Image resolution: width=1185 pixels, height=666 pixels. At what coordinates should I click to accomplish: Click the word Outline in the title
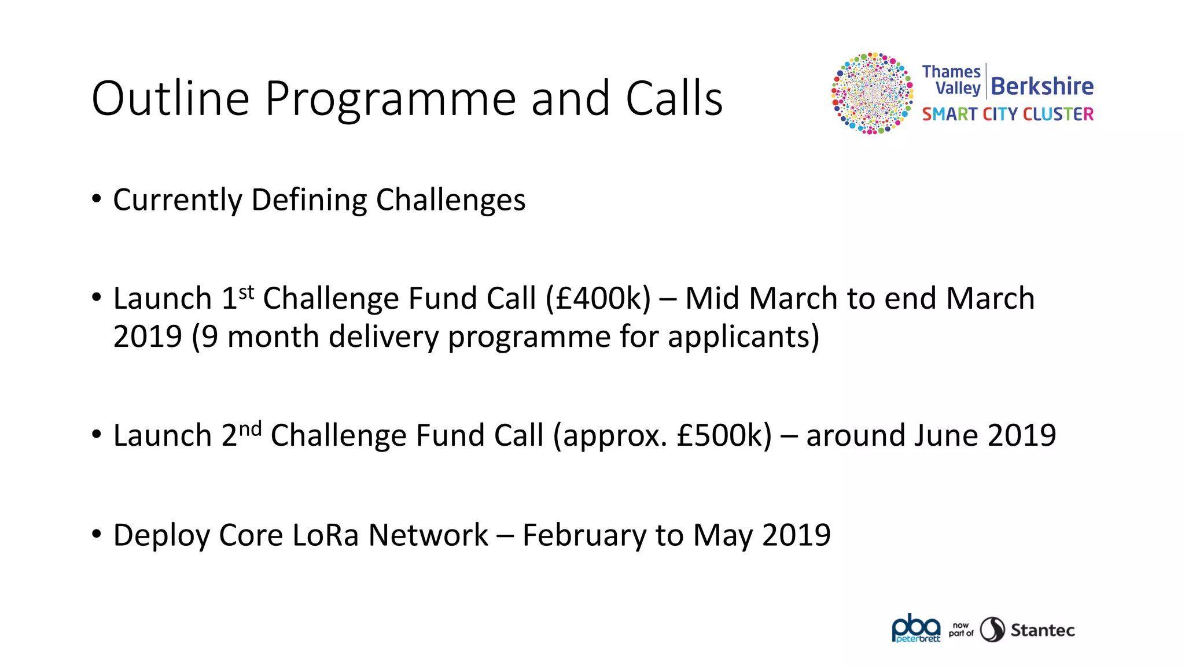pyautogui.click(x=170, y=98)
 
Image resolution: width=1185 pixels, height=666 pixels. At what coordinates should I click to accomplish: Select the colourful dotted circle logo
pyautogui.click(x=872, y=93)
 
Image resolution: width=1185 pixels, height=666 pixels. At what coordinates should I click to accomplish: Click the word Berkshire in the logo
pyautogui.click(x=1042, y=86)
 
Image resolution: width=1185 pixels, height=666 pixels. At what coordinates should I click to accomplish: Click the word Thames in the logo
pyautogui.click(x=951, y=72)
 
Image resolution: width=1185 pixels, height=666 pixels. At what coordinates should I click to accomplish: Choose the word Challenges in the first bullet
pyautogui.click(x=451, y=200)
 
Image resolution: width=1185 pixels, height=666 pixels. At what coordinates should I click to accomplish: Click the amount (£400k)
pyautogui.click(x=598, y=299)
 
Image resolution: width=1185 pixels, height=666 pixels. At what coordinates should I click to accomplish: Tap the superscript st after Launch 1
pyautogui.click(x=246, y=292)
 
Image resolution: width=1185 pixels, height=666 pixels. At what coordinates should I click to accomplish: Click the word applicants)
pyautogui.click(x=744, y=336)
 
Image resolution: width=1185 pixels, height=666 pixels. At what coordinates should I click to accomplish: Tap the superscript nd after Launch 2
pyautogui.click(x=250, y=429)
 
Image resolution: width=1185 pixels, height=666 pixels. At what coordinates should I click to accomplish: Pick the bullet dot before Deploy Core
pyautogui.click(x=97, y=533)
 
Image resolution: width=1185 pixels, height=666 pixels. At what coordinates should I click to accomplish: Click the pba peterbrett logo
pyautogui.click(x=916, y=628)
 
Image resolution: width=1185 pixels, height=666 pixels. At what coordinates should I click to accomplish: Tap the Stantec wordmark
pyautogui.click(x=1042, y=630)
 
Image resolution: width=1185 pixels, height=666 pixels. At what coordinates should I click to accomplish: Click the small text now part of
pyautogui.click(x=960, y=630)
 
